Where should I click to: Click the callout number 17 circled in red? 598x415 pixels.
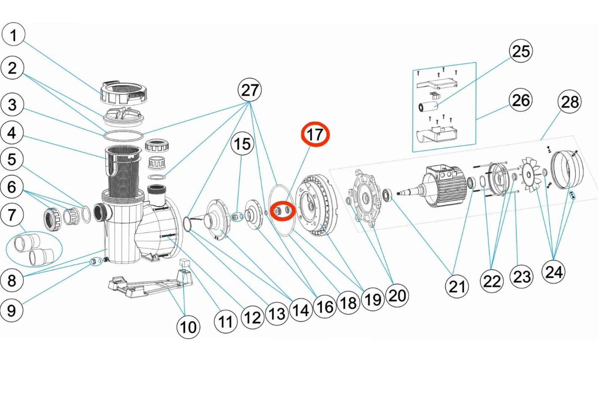(315, 134)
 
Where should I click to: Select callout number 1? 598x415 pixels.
(13, 35)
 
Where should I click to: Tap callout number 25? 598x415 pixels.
(521, 51)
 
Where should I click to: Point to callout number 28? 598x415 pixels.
(570, 102)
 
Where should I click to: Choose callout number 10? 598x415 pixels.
(188, 327)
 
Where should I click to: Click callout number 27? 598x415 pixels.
(250, 90)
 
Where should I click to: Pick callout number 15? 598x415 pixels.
(242, 144)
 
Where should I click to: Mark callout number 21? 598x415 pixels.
(457, 287)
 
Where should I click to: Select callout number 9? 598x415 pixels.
(12, 310)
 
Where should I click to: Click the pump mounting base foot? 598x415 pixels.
(149, 285)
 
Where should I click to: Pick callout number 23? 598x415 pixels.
(522, 277)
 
